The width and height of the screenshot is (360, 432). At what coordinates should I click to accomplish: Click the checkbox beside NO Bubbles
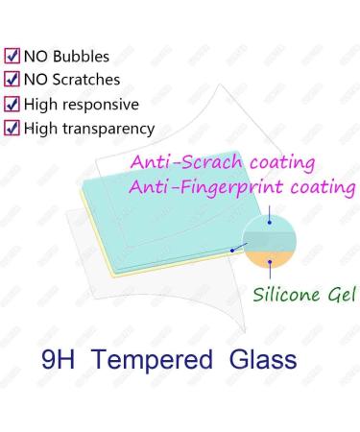[x=12, y=57]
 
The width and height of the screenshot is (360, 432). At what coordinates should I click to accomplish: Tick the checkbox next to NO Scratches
[x=12, y=80]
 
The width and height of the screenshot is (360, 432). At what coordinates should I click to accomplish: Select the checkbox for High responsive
[x=12, y=104]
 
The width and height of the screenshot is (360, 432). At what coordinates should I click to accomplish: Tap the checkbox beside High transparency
[x=12, y=127]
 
